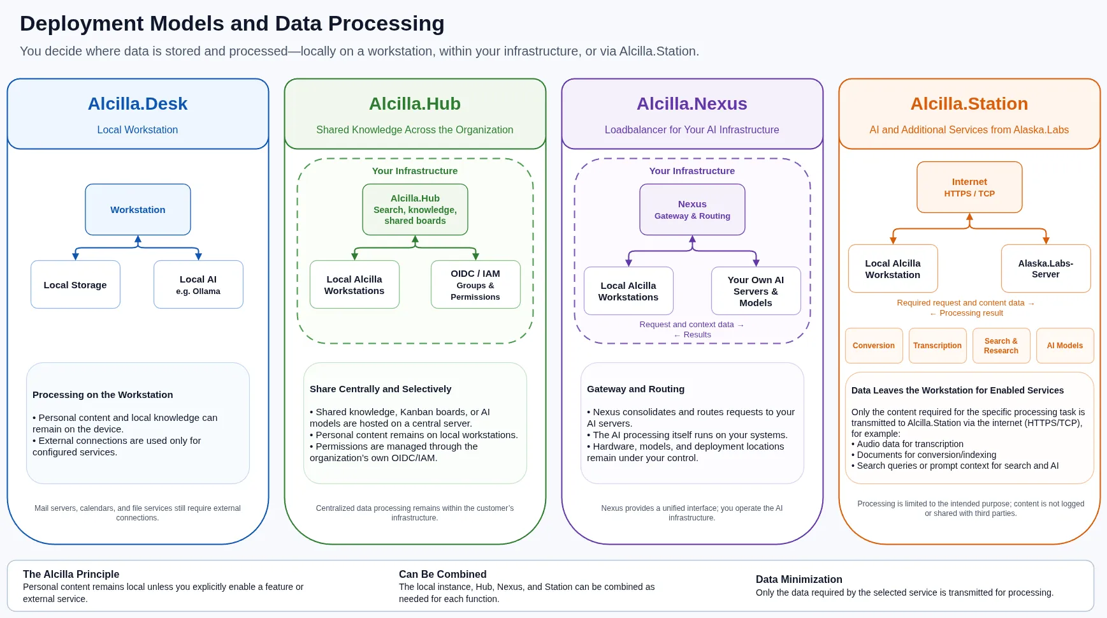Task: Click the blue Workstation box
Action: (x=138, y=210)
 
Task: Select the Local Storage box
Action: (x=75, y=284)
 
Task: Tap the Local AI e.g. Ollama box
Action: (x=198, y=284)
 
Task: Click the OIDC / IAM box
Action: (x=475, y=284)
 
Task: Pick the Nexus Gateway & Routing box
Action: (x=692, y=210)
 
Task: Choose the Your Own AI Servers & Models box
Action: (x=756, y=291)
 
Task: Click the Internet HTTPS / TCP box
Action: (x=969, y=187)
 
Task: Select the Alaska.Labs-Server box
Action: (x=1046, y=269)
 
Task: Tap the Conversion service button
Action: (x=874, y=346)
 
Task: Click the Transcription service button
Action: (x=937, y=346)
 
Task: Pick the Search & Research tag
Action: (x=1001, y=346)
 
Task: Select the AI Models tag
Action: (x=1065, y=346)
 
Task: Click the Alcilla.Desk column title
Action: (x=138, y=104)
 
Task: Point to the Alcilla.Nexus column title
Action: (x=692, y=104)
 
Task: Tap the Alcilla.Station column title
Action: (x=969, y=104)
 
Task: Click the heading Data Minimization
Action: (x=799, y=579)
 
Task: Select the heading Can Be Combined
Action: (x=443, y=574)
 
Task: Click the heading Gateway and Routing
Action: (x=635, y=389)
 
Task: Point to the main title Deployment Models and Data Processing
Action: (x=232, y=24)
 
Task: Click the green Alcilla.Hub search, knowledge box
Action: (x=415, y=210)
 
